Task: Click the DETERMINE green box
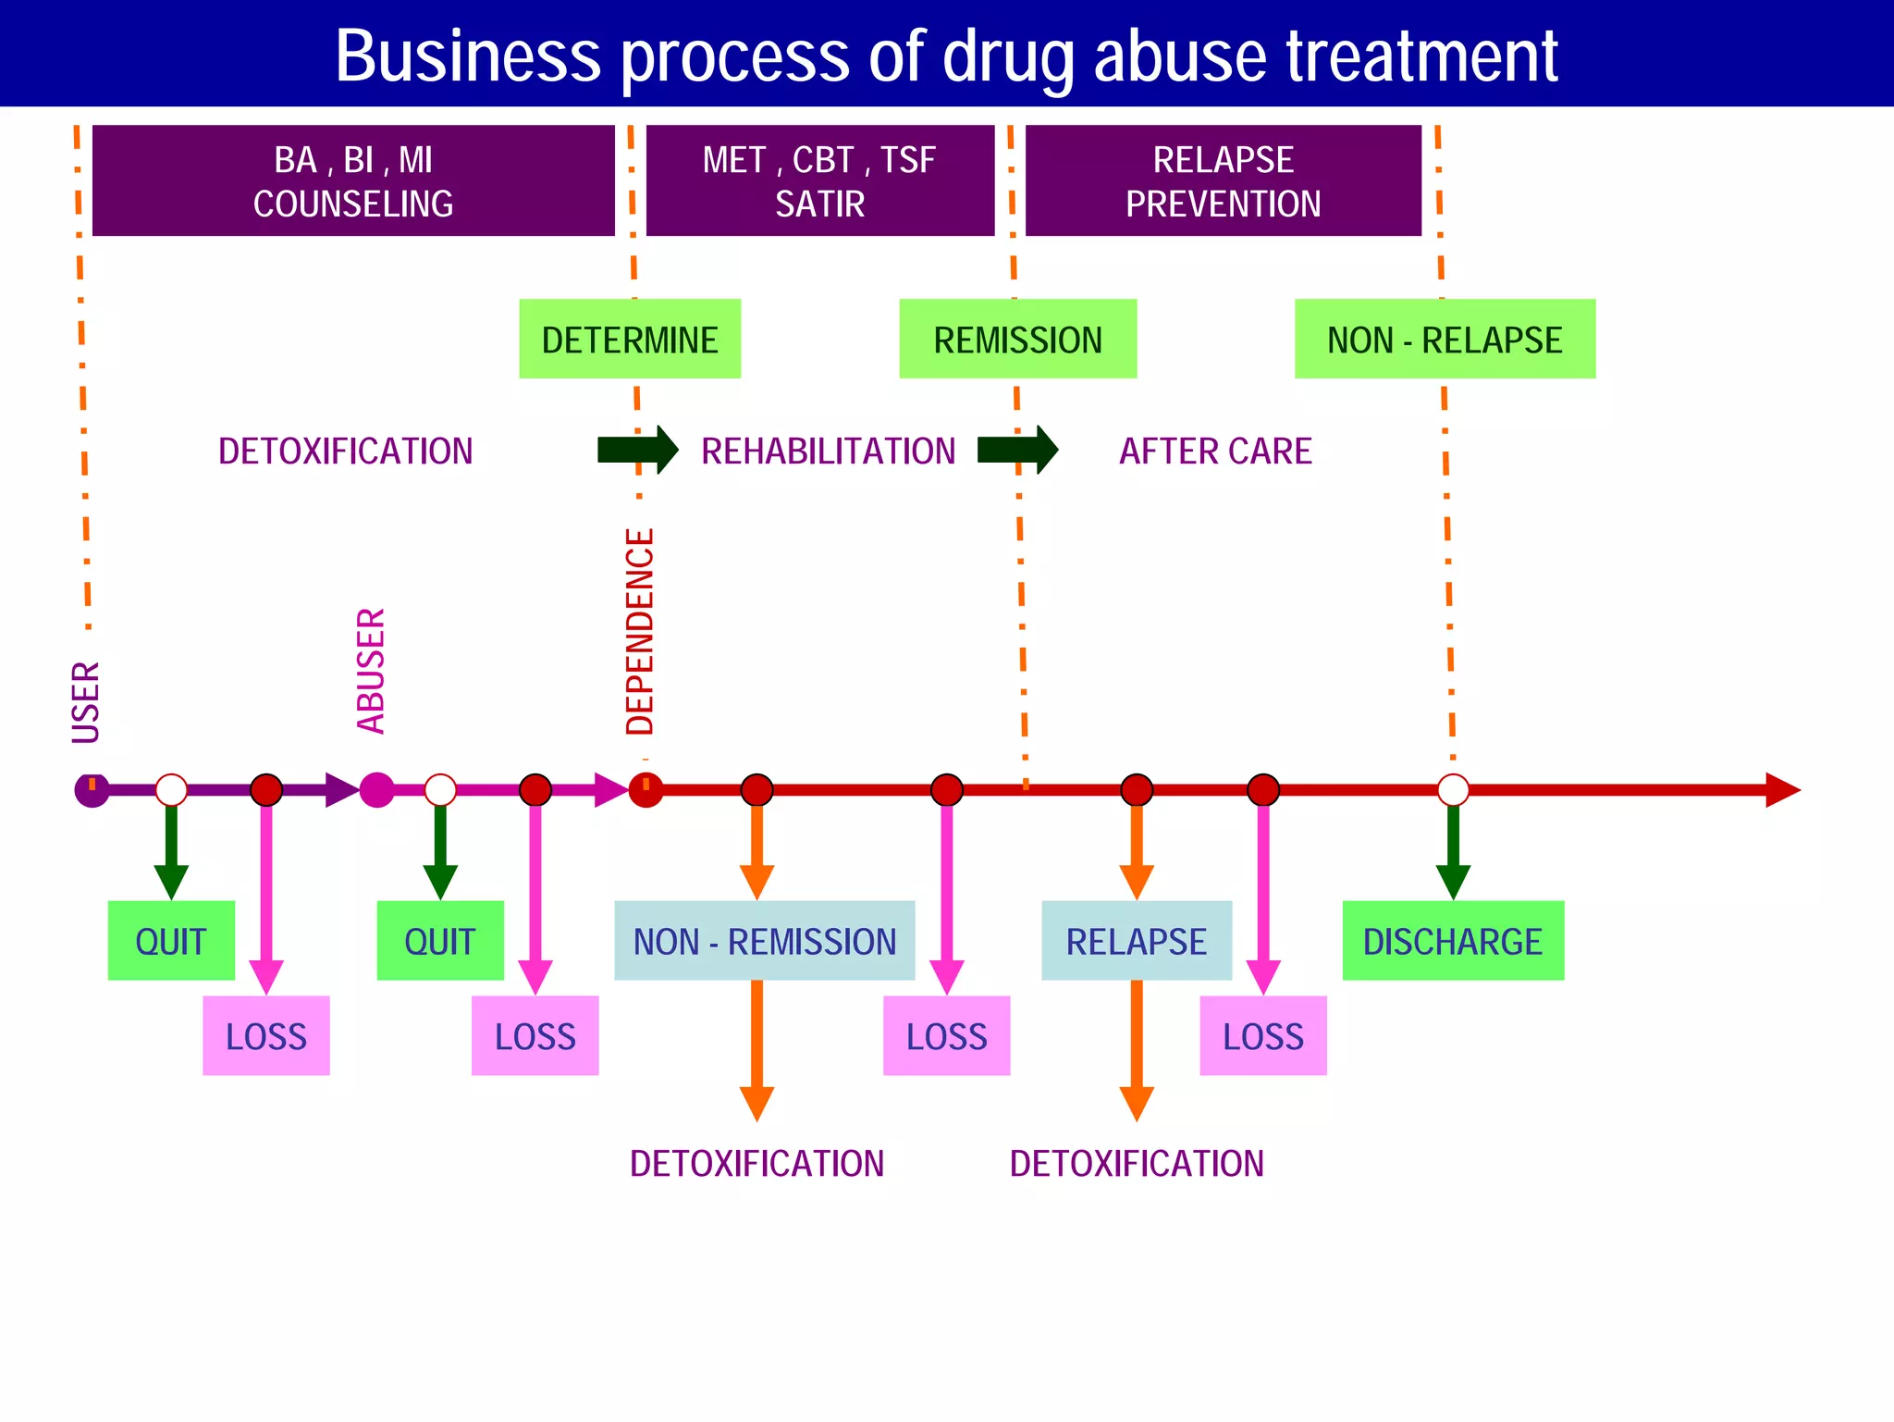tap(630, 339)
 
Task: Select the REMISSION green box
tap(1017, 339)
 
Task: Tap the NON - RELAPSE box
tap(1445, 339)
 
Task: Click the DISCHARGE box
tap(1453, 941)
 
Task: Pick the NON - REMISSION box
tap(765, 941)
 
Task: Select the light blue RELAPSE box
tap(1137, 941)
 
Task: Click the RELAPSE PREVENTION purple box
tap(1223, 180)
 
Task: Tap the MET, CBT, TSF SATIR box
tap(820, 180)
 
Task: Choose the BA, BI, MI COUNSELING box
tap(353, 180)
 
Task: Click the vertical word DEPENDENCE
tap(640, 632)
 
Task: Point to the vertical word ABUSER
tap(371, 671)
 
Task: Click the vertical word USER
tap(86, 702)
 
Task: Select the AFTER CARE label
tap(1215, 451)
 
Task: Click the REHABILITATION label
tap(828, 451)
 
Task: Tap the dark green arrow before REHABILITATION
tap(638, 451)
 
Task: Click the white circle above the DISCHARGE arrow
tap(1453, 790)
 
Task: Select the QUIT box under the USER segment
tap(171, 941)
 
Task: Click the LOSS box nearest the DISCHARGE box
tap(1263, 1036)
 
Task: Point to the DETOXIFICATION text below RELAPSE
tap(1137, 1163)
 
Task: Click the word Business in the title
tap(468, 56)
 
